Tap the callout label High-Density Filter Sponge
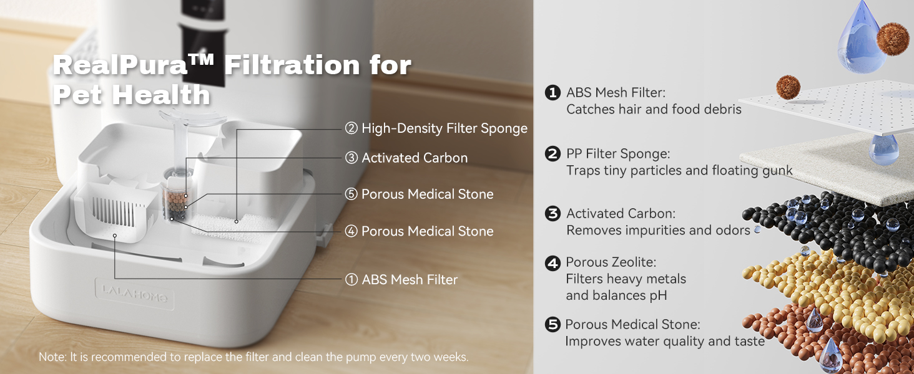[x=436, y=128]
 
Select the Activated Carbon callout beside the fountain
[x=406, y=158]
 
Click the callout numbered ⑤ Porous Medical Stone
[x=419, y=194]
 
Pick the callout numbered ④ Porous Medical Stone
[x=419, y=231]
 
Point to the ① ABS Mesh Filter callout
[x=401, y=279]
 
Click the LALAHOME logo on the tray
[x=134, y=294]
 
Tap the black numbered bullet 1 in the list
[x=553, y=92]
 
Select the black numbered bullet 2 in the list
[x=553, y=153]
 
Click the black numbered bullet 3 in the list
[x=553, y=213]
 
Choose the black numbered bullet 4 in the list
[x=553, y=263]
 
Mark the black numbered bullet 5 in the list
[x=553, y=324]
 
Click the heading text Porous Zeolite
[x=611, y=262]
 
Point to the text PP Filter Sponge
[x=618, y=153]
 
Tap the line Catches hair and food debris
[x=654, y=109]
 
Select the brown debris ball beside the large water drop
[x=893, y=39]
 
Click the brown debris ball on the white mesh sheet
[x=788, y=87]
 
